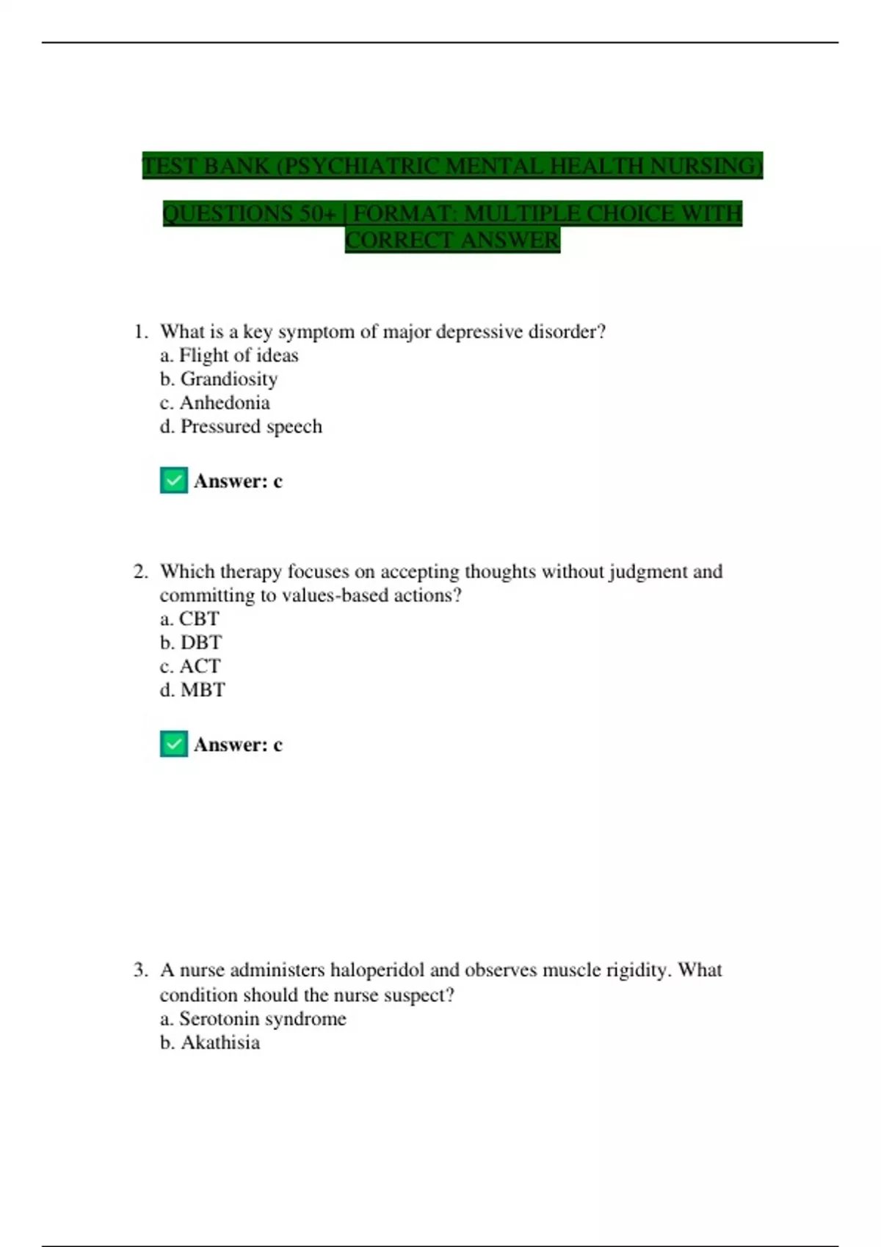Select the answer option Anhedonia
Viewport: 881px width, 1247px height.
(225, 403)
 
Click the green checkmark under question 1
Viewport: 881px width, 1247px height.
(174, 481)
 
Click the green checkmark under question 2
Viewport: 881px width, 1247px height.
(174, 745)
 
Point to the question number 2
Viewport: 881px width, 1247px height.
(140, 571)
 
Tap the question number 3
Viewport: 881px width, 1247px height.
(140, 970)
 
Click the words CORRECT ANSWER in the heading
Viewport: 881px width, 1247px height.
(452, 241)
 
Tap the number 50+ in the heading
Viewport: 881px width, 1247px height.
(317, 213)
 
